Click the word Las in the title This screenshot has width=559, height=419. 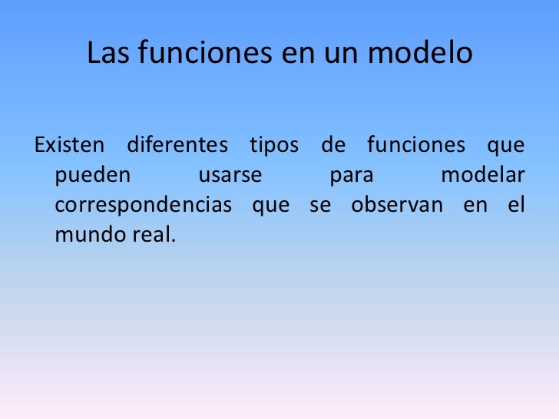(106, 53)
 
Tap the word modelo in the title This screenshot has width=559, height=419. (432, 53)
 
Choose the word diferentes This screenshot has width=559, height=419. (177, 145)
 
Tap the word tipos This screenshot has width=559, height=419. (273, 145)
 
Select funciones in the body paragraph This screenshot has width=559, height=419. (415, 145)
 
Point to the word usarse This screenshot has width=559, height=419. (230, 176)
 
